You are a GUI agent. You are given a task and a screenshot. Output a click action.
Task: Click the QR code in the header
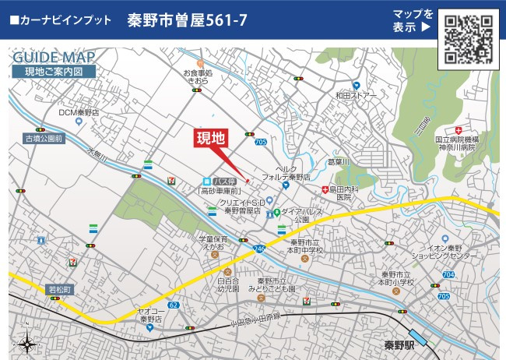point(469,37)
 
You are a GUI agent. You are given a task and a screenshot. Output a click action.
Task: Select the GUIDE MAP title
point(54,58)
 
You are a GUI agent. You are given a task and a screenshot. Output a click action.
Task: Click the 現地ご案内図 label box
point(54,72)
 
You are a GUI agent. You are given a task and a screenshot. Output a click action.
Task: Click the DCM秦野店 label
point(79,112)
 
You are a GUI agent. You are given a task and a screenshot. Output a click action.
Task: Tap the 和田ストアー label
point(356,96)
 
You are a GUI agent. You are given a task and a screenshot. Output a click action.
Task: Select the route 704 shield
point(448,275)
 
